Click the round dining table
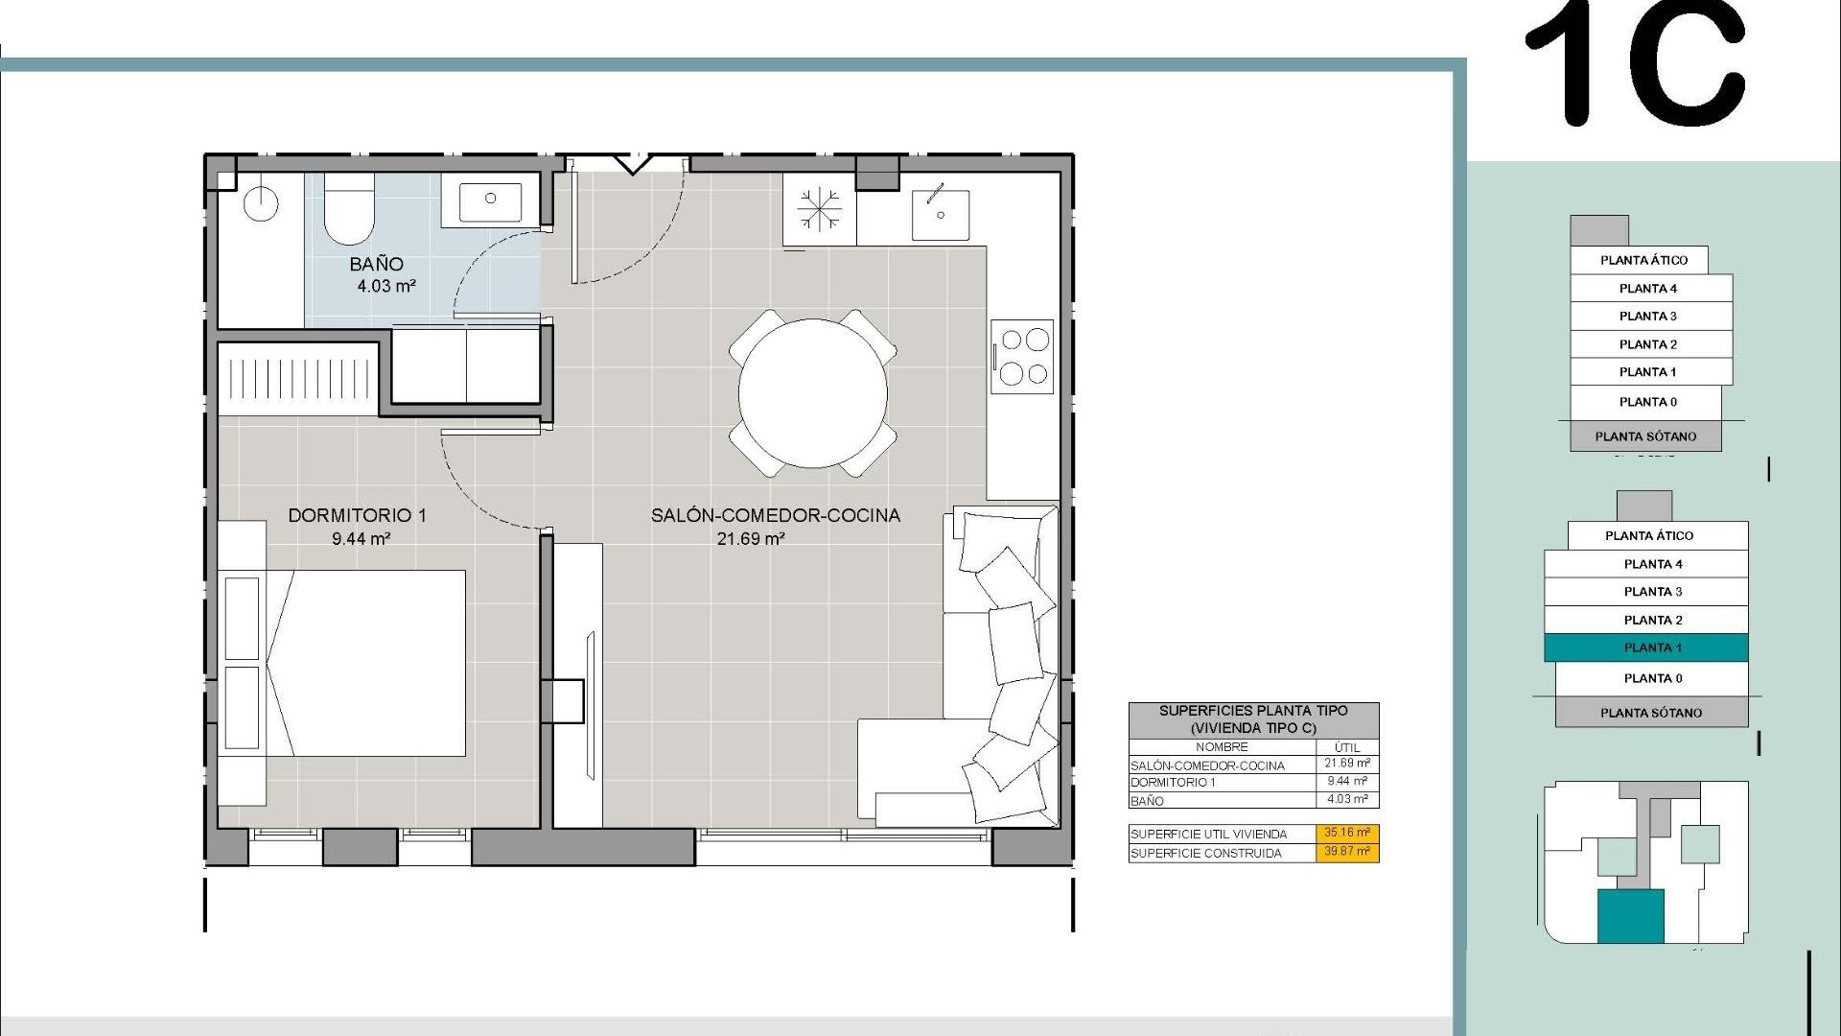(812, 393)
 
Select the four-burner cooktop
(1023, 356)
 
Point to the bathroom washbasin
(490, 200)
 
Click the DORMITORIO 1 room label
(358, 515)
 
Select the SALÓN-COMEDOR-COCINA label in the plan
(776, 515)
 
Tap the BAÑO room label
(376, 264)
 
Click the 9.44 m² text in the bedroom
(361, 539)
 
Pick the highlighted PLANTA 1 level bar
(1645, 647)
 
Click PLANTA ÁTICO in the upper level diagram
(1643, 260)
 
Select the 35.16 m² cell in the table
(1346, 833)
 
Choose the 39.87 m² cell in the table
(1346, 852)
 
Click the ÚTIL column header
(1346, 746)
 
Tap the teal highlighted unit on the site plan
(1630, 915)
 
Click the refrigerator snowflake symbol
(820, 210)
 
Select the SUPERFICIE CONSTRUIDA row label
(1205, 853)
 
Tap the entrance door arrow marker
(632, 164)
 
